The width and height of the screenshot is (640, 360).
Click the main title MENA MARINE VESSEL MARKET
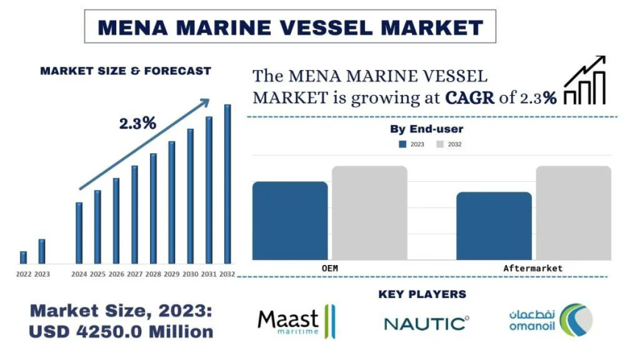tap(291, 27)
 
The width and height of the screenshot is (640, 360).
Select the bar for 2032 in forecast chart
tap(227, 184)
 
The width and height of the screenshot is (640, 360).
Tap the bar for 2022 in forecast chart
tap(24, 257)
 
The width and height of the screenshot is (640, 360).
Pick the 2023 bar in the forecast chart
tap(42, 251)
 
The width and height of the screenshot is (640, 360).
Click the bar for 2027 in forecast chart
tap(135, 214)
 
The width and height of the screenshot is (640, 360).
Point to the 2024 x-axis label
tap(79, 274)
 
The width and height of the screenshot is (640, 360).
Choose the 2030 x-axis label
tap(190, 274)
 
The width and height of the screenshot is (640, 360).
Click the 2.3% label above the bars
tap(138, 124)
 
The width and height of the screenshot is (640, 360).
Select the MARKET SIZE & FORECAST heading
tap(125, 71)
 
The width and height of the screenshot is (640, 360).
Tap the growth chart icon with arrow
tap(585, 80)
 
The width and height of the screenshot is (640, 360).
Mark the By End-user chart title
tap(427, 130)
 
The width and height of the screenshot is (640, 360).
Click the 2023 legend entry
tap(411, 144)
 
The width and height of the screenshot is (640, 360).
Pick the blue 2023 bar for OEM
tap(290, 220)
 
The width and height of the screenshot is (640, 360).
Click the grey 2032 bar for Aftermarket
tap(573, 213)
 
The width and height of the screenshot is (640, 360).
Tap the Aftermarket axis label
tap(533, 268)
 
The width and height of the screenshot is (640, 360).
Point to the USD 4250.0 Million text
tap(121, 332)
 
